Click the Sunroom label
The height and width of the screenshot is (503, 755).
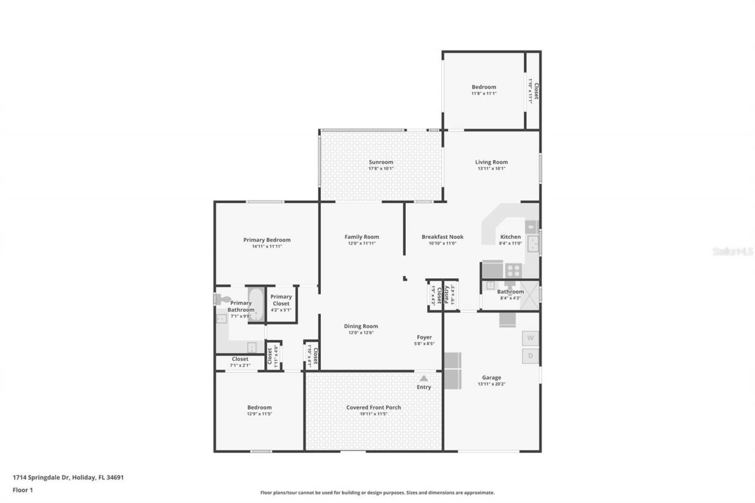(380, 162)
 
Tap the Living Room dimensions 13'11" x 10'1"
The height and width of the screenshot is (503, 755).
(491, 169)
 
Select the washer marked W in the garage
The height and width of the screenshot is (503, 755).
(530, 338)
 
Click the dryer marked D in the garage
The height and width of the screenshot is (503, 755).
(530, 356)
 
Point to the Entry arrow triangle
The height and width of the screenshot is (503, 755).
(424, 379)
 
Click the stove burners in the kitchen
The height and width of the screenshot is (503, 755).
(513, 271)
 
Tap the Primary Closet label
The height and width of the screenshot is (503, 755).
(281, 300)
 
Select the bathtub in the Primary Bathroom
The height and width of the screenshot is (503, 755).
(256, 304)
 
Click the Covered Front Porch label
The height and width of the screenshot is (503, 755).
(373, 407)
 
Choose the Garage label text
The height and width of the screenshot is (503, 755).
(491, 378)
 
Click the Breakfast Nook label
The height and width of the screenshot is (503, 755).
(442, 237)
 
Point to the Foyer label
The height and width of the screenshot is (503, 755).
(424, 337)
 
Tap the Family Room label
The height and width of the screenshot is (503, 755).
(362, 237)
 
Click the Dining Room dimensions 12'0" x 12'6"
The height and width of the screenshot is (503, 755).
(362, 333)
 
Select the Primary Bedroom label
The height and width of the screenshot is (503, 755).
(267, 240)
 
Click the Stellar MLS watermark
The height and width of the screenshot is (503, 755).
(733, 251)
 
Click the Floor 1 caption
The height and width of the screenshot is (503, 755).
(22, 489)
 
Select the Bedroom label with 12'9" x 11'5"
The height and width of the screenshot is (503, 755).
(259, 407)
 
